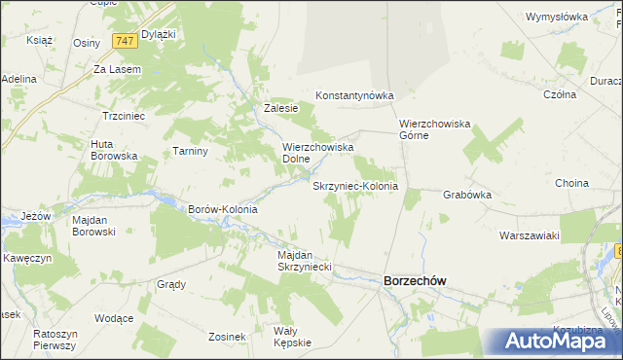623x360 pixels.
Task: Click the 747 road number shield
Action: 124,41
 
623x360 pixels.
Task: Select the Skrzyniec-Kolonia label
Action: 355,185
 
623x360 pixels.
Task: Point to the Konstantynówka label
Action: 353,95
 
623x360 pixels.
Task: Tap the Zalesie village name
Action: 280,108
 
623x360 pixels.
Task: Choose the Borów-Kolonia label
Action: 222,209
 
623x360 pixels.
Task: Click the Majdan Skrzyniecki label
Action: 306,261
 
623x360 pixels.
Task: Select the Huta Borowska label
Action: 114,150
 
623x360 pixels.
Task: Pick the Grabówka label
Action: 467,195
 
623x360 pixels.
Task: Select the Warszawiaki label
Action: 529,235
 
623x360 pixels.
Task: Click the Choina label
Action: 571,183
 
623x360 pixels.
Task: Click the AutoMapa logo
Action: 554,341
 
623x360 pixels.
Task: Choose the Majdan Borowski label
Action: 94,226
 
